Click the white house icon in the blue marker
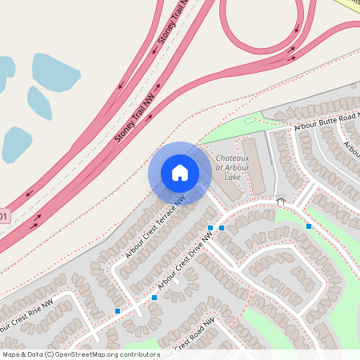[x=180, y=172]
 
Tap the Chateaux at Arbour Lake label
[x=232, y=167]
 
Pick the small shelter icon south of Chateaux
[x=280, y=202]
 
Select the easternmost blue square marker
[x=309, y=226]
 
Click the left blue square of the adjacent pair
[x=210, y=228]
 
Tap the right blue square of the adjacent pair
[x=222, y=228]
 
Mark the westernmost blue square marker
[x=118, y=310]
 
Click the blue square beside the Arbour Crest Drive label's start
[x=154, y=298]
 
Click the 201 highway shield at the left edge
[x=4, y=217]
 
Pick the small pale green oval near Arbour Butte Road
[x=250, y=121]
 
